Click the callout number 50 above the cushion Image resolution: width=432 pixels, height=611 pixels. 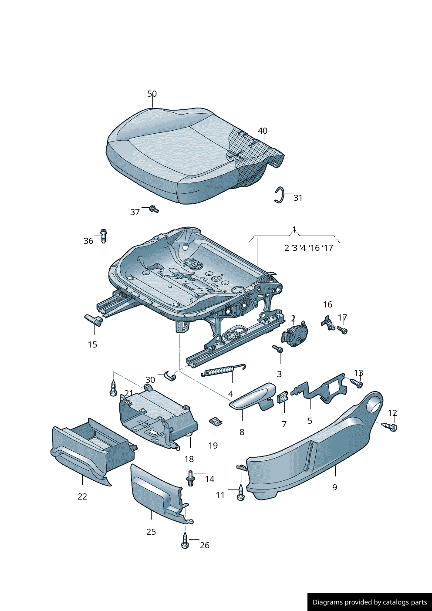pos(152,94)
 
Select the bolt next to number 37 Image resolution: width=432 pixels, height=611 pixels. pos(154,209)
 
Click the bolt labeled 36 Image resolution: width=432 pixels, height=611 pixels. pos(103,236)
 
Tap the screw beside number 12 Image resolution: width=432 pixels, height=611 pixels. pos(389,427)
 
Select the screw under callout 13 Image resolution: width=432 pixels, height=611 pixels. pos(357,384)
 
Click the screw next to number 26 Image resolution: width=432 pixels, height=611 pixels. pos(185,540)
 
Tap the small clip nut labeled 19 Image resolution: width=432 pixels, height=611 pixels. pos(215,421)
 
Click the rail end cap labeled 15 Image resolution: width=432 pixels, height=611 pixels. pos(94,320)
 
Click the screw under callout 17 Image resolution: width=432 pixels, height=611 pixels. pos(342,330)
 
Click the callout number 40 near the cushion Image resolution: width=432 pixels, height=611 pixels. pos(263,131)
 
